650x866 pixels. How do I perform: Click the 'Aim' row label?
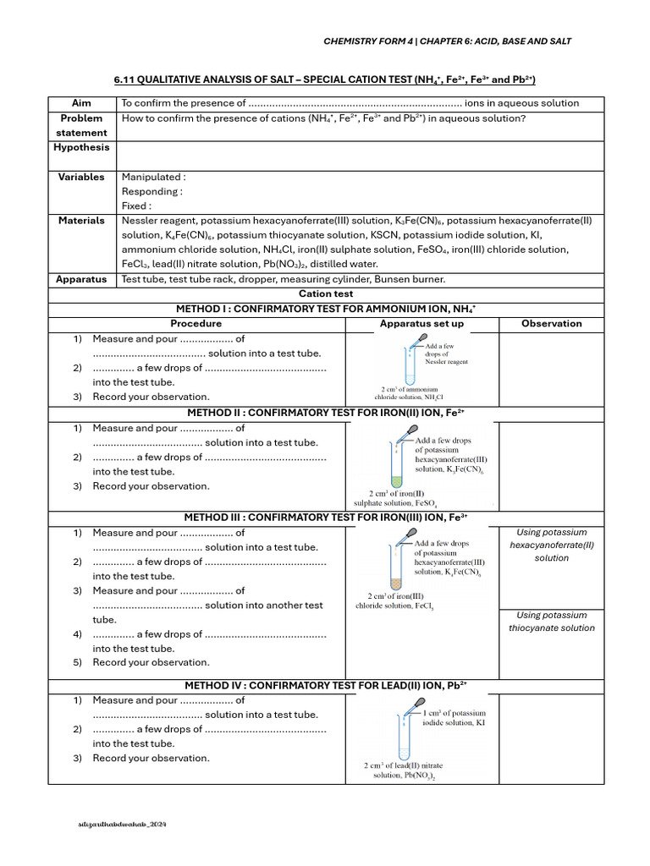pyautogui.click(x=81, y=103)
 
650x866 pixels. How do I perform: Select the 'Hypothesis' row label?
pyautogui.click(x=81, y=147)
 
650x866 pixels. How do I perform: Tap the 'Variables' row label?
pyautogui.click(x=81, y=177)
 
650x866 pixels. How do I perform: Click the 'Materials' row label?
pyautogui.click(x=81, y=220)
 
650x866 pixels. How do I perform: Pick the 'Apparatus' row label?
pyautogui.click(x=81, y=278)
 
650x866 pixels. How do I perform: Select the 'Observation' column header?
pyautogui.click(x=551, y=323)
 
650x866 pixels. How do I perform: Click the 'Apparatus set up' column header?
pyautogui.click(x=421, y=323)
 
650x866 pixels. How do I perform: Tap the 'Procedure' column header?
pyautogui.click(x=196, y=323)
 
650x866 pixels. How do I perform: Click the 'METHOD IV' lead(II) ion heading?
pyautogui.click(x=325, y=684)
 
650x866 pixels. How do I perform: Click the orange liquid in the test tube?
pyautogui.click(x=394, y=584)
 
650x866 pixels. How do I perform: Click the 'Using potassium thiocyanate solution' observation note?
pyautogui.click(x=551, y=622)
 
